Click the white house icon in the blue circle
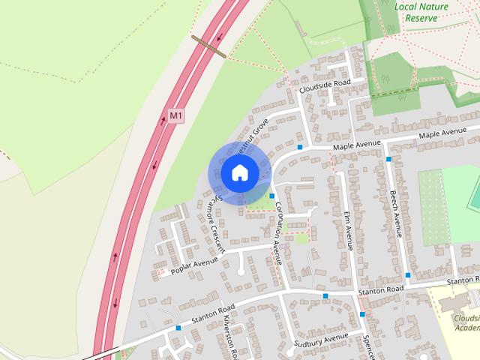[x=239, y=172]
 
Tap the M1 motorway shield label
[x=175, y=116]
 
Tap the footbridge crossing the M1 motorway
[x=209, y=46]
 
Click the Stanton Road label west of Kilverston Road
[x=211, y=312]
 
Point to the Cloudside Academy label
[x=466, y=322]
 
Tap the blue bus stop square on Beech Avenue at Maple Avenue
[x=388, y=159]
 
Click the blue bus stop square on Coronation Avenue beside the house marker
[x=272, y=195]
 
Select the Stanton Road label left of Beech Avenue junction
[x=380, y=289]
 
